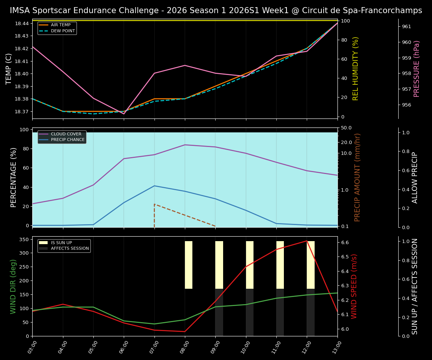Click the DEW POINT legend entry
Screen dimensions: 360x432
coord(63,31)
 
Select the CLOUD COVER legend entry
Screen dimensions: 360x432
coord(66,134)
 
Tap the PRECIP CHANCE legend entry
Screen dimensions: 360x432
coord(67,140)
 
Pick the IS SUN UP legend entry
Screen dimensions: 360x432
coord(61,243)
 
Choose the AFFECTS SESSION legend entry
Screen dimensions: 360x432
coord(70,248)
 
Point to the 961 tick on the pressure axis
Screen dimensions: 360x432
coord(406,27)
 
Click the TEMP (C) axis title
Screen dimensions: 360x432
coord(9,69)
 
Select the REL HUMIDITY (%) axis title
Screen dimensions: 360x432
coord(355,69)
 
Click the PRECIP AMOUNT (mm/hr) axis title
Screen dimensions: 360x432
coord(357,177)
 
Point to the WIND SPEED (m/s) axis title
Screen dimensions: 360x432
coord(354,286)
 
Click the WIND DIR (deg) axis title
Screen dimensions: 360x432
coord(13,286)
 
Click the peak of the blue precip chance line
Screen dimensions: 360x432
coord(154,186)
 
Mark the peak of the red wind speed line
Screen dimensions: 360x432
coord(307,241)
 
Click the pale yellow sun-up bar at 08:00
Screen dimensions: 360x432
coord(189,265)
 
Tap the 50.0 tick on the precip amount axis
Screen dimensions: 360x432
coord(345,128)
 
